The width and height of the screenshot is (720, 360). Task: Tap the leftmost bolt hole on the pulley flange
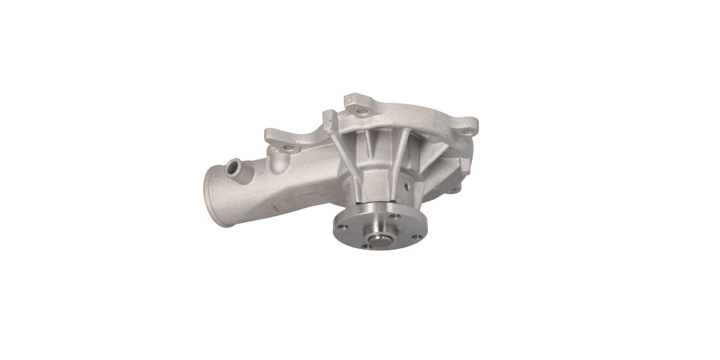coord(343,227)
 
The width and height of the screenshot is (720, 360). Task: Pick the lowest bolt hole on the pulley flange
coord(366,245)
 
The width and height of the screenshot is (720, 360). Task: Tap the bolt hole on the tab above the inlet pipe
coord(289,147)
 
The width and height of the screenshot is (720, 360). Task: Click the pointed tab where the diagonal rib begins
coord(328,117)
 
